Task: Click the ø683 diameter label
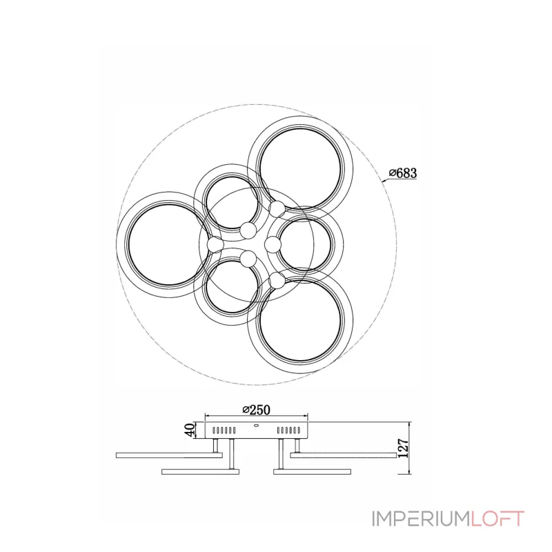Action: pos(403,173)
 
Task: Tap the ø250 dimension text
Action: pos(256,409)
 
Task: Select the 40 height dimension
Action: pos(190,430)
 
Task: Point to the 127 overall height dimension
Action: pos(404,447)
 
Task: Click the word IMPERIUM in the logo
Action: pos(420,519)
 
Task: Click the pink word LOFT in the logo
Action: pos(497,519)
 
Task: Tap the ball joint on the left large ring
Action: pos(215,244)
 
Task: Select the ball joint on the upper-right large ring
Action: pos(277,209)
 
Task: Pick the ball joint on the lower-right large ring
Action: pos(277,280)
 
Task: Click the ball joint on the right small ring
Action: pos(273,244)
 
